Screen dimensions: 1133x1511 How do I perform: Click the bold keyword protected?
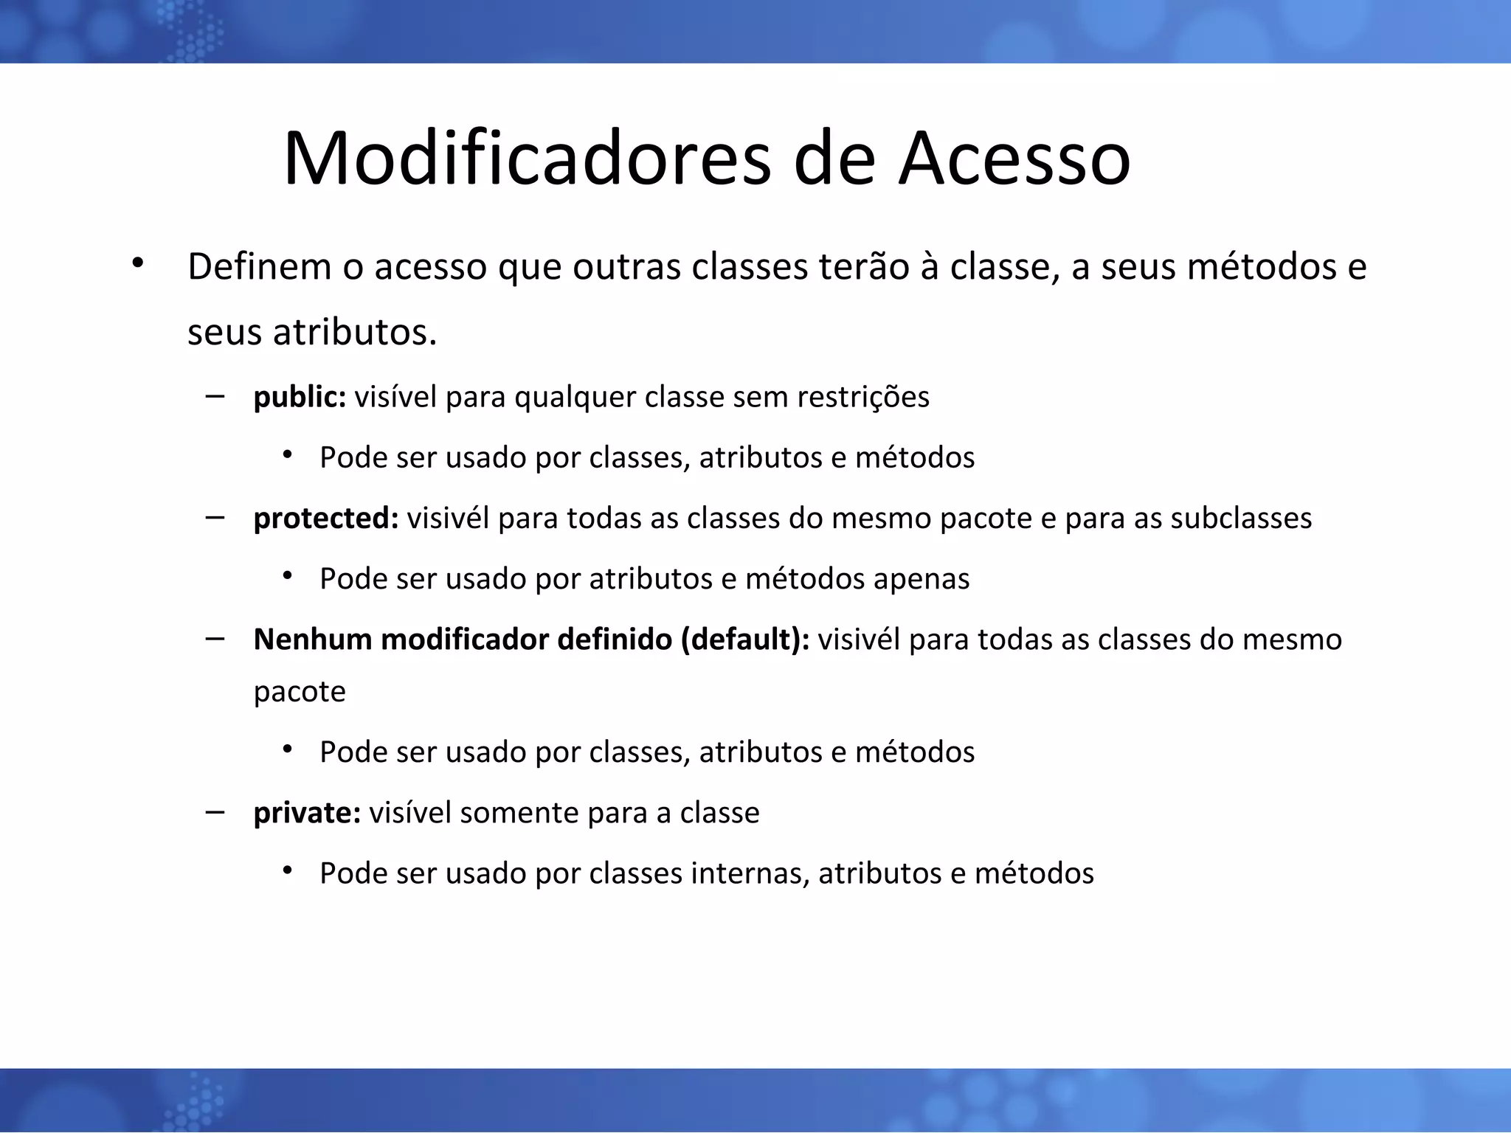tap(326, 519)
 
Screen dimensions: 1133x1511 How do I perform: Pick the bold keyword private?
tap(307, 813)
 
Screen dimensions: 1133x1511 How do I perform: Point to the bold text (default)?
tap(745, 640)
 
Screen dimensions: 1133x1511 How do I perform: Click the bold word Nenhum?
tap(312, 640)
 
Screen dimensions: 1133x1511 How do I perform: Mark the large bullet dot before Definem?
tap(136, 263)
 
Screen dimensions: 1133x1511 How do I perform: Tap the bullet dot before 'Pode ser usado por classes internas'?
tap(288, 871)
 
